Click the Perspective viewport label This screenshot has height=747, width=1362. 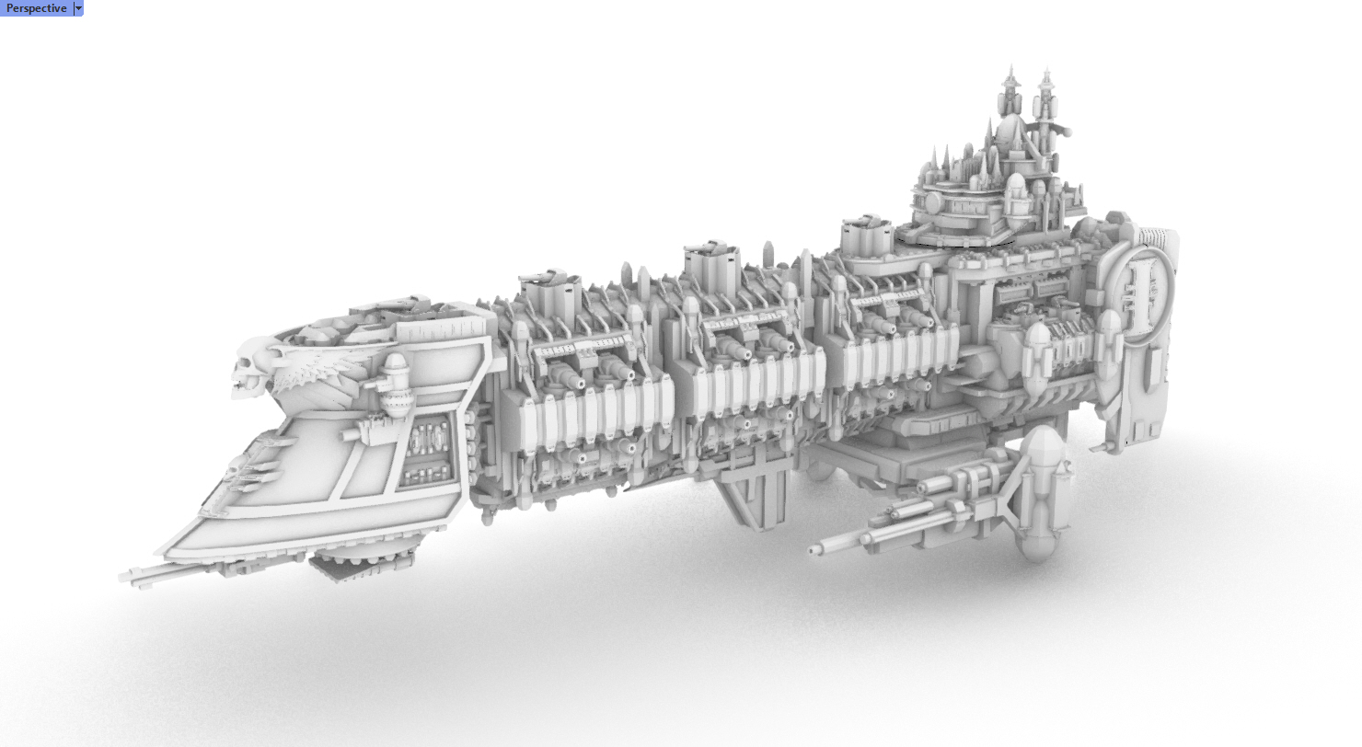(x=37, y=8)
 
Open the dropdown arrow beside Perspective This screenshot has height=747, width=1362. (x=78, y=8)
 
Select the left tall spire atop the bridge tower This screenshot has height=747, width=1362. (x=1010, y=91)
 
